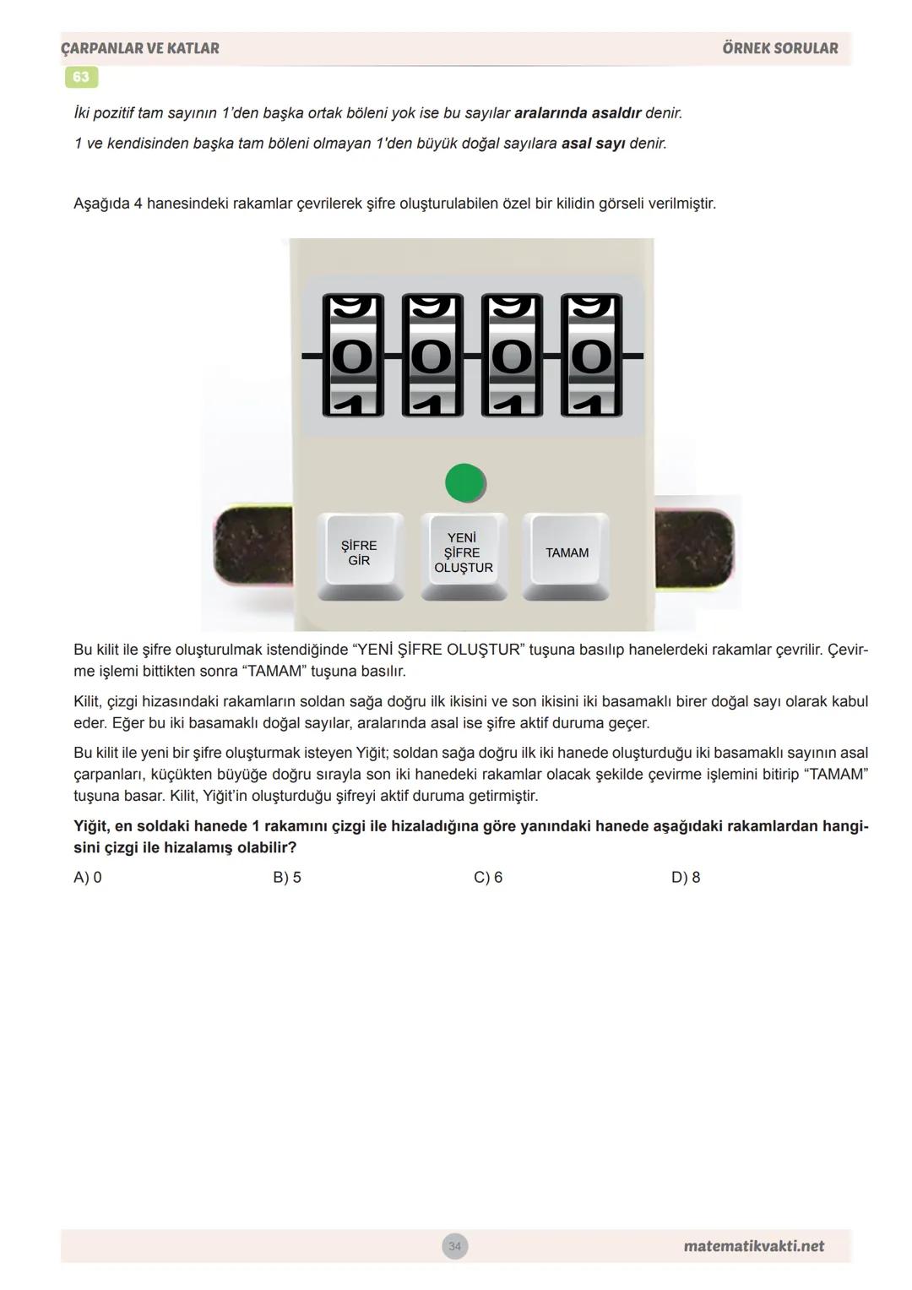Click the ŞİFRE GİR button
360,553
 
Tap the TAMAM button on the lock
567,553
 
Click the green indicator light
464,483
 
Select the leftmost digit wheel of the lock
353,356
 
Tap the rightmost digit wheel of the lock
591,356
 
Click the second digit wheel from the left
432,356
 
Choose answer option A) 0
88,877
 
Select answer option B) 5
287,877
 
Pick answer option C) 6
488,877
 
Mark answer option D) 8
686,877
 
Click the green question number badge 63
81,77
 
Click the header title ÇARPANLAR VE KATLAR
140,48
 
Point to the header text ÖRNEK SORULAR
779,48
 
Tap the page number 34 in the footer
455,1246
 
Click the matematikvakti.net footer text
753,1246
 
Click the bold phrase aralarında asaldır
578,113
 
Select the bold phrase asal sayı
593,144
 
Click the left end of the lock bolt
252,546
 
